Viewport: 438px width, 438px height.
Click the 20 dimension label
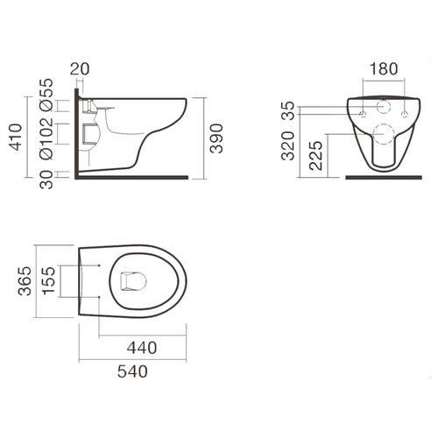pos(80,69)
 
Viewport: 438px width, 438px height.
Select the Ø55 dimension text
pos(46,95)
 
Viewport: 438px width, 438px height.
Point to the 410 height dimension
pos(15,138)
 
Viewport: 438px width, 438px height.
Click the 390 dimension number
pos(216,138)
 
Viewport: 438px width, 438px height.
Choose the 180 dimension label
pos(384,69)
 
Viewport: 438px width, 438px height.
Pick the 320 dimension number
pos(288,146)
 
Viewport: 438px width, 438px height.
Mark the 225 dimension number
pos(316,156)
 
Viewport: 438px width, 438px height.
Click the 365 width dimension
pos(25,281)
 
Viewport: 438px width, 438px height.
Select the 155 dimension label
pos(48,280)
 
